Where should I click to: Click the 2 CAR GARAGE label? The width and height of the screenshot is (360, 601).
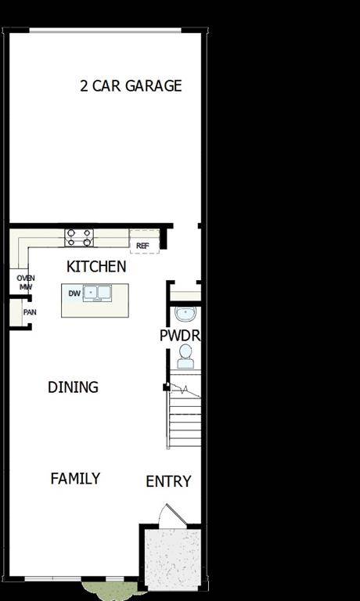(131, 85)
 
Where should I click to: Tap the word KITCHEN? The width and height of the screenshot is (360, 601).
(96, 267)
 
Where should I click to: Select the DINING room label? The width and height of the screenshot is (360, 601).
(73, 387)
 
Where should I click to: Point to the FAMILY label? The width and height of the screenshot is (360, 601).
(75, 478)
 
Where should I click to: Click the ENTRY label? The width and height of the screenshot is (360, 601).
(168, 481)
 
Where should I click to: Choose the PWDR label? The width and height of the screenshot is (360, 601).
(181, 335)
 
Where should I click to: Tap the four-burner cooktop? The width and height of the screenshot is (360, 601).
(79, 237)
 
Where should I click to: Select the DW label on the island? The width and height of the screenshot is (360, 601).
(74, 293)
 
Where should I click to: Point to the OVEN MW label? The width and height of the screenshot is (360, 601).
(25, 282)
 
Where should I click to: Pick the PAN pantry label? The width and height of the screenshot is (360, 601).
(30, 312)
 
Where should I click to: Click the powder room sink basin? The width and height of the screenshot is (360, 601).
(185, 315)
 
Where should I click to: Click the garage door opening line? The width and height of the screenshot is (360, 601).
(106, 31)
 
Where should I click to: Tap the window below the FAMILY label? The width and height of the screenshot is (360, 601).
(75, 579)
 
